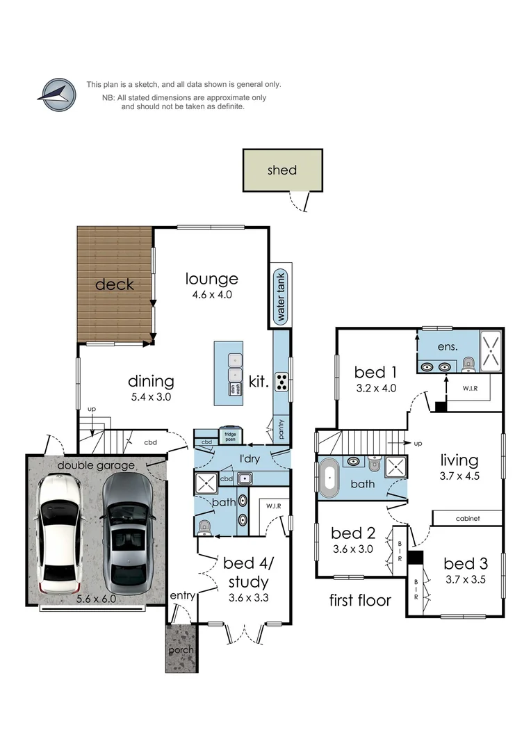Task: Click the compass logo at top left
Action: (x=57, y=95)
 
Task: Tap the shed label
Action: (x=281, y=170)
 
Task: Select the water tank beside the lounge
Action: (x=281, y=296)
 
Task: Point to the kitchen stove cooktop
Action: (x=282, y=382)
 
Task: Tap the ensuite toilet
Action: (x=468, y=363)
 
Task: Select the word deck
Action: (x=114, y=284)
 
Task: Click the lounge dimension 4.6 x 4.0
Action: (x=212, y=294)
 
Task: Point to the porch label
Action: (x=181, y=650)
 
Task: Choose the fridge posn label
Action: (x=229, y=436)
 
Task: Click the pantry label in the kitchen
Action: (x=281, y=430)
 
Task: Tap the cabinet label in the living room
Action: (x=468, y=519)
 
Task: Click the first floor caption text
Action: (x=360, y=600)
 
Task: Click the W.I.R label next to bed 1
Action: (x=468, y=389)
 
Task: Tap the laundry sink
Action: (x=244, y=477)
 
